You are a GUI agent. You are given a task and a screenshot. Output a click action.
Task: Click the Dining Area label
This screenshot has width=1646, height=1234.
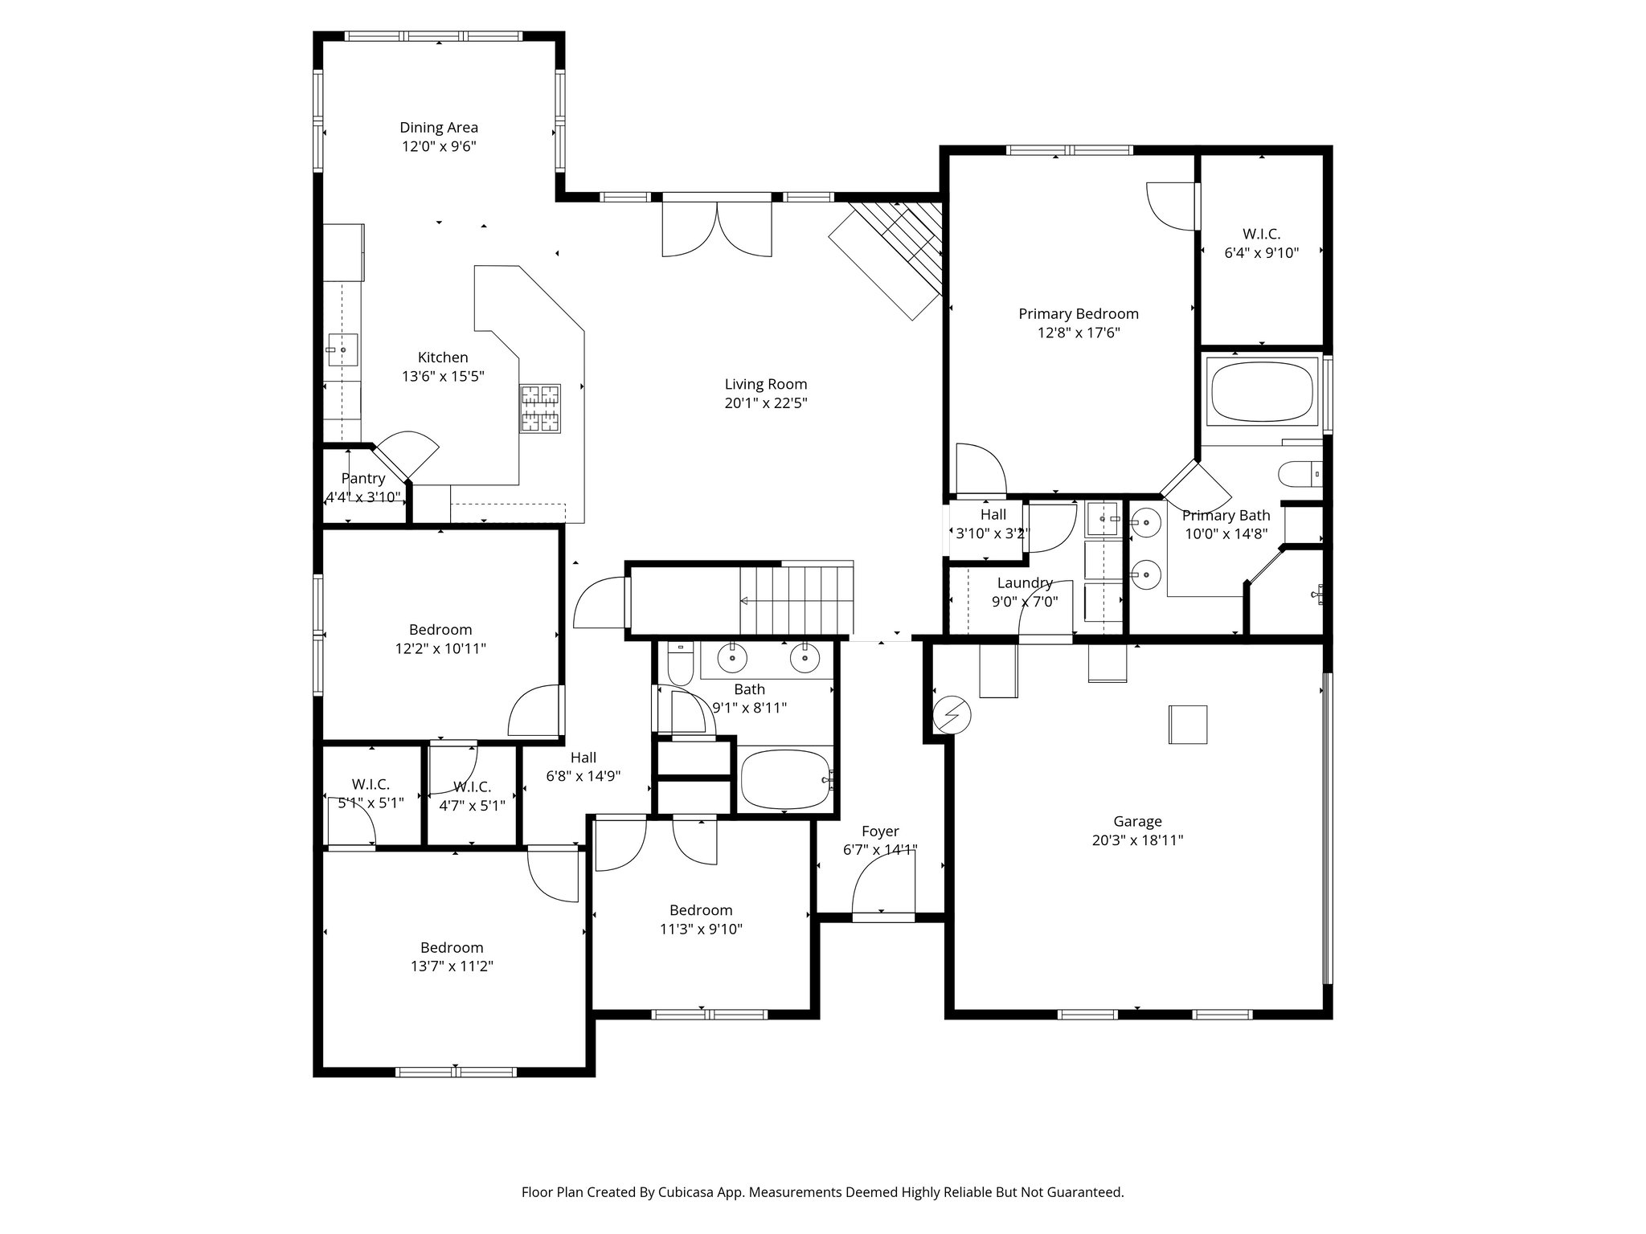439,127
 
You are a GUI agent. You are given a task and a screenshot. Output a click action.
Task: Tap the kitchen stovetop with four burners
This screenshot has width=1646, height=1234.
540,408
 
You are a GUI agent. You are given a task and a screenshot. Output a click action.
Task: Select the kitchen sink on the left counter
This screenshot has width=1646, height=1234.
342,350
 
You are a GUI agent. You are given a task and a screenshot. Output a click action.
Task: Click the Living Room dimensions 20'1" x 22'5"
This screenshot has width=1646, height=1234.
765,403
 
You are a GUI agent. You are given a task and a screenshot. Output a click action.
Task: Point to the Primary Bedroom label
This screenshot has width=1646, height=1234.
1078,313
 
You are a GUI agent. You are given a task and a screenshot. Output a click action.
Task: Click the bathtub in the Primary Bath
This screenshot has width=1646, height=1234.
1262,390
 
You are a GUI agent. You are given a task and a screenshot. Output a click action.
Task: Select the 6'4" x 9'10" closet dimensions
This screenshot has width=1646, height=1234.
1261,252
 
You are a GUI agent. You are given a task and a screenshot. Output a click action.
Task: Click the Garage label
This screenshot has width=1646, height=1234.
1137,821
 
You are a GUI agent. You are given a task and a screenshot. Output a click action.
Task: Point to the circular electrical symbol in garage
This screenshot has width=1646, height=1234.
952,713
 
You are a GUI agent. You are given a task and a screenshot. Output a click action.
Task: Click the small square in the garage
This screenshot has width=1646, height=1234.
1188,725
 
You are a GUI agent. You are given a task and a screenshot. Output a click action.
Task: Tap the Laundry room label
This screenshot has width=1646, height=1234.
1025,582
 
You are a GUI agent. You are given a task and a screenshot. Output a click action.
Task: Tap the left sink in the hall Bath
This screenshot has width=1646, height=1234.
732,658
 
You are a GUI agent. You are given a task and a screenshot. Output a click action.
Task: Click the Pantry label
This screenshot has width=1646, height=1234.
362,478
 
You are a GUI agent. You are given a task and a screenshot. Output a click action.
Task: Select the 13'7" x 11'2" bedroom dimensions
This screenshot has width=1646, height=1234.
452,966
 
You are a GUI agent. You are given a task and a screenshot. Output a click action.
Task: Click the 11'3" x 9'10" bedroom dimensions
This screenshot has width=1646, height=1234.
701,929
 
